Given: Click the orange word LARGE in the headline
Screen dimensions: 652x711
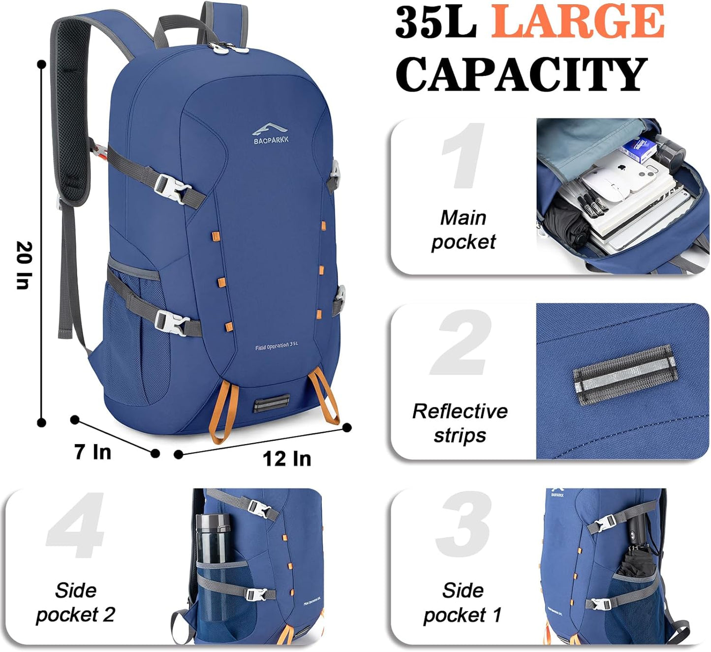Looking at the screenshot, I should click(578, 22).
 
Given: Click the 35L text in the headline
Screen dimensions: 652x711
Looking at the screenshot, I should click(435, 22).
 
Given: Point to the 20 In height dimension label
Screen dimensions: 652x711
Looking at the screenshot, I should click(24, 265).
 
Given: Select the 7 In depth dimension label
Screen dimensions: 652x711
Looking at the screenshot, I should click(93, 452).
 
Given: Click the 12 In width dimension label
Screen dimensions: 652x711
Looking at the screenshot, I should click(287, 458).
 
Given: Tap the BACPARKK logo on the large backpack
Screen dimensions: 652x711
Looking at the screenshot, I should click(271, 134).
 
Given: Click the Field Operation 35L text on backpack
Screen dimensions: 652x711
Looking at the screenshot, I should click(277, 346).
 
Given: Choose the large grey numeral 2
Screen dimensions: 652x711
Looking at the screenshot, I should click(462, 343).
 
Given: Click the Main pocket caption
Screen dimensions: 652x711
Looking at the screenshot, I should click(463, 229).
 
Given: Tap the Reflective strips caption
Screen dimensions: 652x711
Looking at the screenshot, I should click(460, 423).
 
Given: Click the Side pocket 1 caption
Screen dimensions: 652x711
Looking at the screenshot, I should click(463, 602).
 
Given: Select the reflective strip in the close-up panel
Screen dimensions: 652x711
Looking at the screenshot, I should click(625, 374).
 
